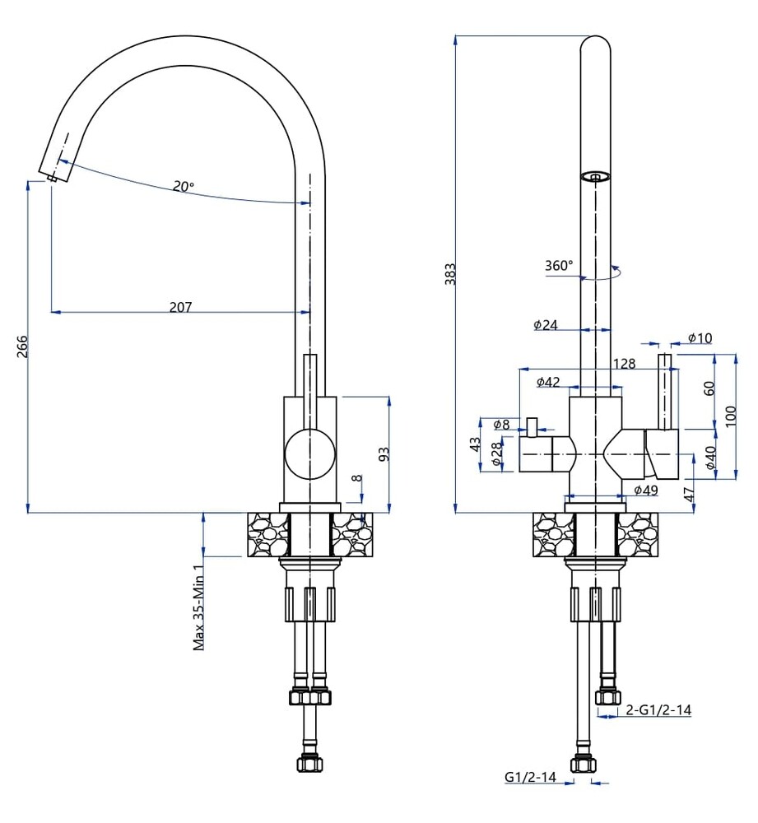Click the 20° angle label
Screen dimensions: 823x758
[x=184, y=186]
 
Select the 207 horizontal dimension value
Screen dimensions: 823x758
[x=180, y=307]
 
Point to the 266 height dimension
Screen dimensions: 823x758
[x=22, y=346]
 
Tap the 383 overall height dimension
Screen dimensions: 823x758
[x=449, y=274]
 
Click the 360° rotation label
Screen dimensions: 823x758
[x=558, y=266]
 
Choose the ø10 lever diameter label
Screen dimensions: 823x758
[x=700, y=337]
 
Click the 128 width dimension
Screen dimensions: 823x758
[x=624, y=364]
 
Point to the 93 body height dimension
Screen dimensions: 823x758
[x=383, y=454]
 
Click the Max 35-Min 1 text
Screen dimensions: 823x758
[x=199, y=607]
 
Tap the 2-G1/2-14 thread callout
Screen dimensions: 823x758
[x=658, y=710]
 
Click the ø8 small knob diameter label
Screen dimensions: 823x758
[x=501, y=425]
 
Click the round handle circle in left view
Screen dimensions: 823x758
[x=310, y=453]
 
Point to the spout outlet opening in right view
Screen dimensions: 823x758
[x=596, y=175]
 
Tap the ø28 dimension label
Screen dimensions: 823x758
[x=496, y=455]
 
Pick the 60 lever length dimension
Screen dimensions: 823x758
[x=709, y=388]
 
